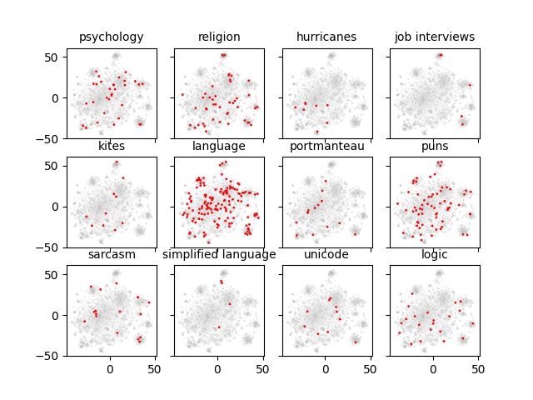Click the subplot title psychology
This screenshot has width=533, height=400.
click(111, 37)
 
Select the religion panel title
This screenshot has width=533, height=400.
click(219, 37)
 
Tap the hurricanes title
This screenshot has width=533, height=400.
click(326, 37)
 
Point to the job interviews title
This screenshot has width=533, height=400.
click(434, 37)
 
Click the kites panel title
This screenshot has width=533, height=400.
click(111, 146)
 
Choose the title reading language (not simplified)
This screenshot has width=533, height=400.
click(219, 146)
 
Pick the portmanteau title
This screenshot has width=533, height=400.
click(326, 146)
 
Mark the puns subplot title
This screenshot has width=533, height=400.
click(434, 146)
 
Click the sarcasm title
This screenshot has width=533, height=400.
click(111, 254)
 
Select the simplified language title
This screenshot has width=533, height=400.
click(219, 254)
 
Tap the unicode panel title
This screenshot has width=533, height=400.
click(326, 254)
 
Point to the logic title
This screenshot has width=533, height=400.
click(434, 254)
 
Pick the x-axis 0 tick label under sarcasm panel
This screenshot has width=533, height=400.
click(110, 367)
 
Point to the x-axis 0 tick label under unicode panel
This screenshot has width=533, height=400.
click(325, 367)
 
